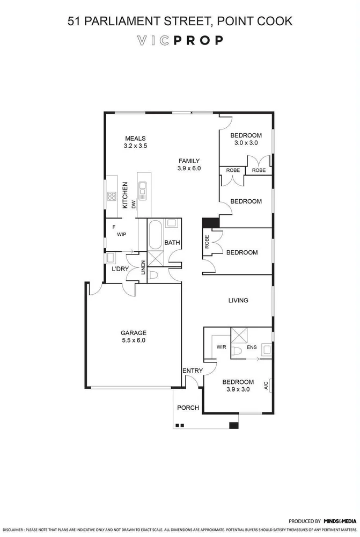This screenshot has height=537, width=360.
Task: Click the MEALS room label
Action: [x=135, y=137]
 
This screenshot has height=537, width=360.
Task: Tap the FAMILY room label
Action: [x=189, y=161]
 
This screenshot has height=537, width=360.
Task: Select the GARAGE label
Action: [x=133, y=333]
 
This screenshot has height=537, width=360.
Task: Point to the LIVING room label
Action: [x=238, y=301]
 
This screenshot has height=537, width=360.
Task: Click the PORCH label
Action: [x=188, y=408]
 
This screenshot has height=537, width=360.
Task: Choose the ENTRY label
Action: [x=192, y=371]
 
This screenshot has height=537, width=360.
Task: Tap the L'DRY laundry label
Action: [x=120, y=268]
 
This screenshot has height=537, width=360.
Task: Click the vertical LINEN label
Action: [x=143, y=267]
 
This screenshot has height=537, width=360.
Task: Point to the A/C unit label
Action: [x=266, y=386]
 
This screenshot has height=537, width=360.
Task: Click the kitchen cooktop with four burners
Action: [x=112, y=196]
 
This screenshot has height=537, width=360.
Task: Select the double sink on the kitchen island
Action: [x=143, y=188]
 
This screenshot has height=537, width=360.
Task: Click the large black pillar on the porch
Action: [x=233, y=426]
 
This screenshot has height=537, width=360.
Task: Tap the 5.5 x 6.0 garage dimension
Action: [x=133, y=340]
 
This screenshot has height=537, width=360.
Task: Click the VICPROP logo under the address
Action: [x=180, y=40]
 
